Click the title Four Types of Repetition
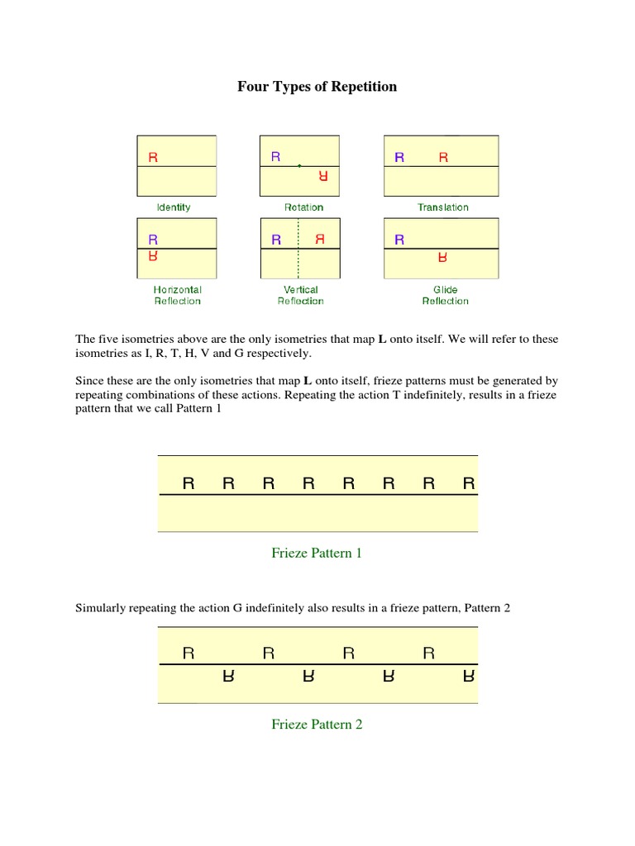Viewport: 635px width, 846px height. click(x=317, y=87)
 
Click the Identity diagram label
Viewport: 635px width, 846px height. click(x=174, y=207)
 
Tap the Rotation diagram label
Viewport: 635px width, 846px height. click(x=303, y=207)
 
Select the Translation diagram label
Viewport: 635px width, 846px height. click(x=443, y=207)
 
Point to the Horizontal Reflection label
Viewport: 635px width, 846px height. click(x=177, y=295)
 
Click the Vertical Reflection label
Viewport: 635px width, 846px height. click(x=300, y=295)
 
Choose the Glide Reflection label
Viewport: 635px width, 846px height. click(x=445, y=295)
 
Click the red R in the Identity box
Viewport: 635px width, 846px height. click(x=153, y=157)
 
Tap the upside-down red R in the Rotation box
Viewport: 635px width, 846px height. click(x=323, y=176)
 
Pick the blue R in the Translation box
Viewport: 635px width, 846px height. click(x=399, y=157)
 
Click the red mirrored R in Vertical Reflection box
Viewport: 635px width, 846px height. click(x=320, y=240)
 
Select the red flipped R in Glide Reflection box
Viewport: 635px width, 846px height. click(x=443, y=258)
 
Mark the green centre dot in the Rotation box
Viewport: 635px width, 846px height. click(x=299, y=166)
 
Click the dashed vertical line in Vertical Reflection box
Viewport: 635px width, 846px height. click(x=298, y=264)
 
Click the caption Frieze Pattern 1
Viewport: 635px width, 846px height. click(x=317, y=554)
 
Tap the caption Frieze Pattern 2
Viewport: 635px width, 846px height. click(x=317, y=725)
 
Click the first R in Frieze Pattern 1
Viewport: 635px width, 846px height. click(x=189, y=483)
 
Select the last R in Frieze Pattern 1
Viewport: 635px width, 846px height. click(x=469, y=483)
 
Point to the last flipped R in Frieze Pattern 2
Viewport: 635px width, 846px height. click(x=469, y=677)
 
